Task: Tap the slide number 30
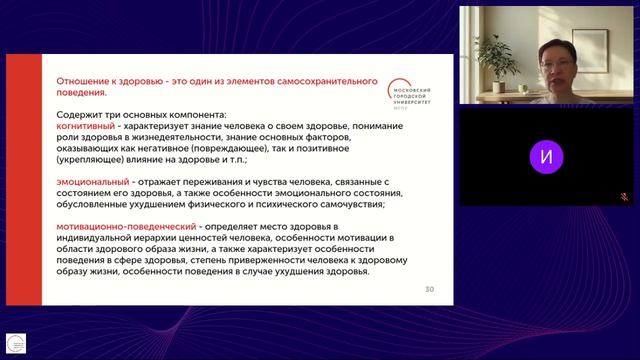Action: click(429, 289)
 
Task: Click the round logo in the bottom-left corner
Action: click(15, 343)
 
